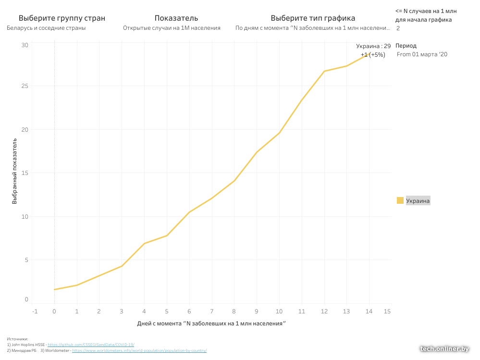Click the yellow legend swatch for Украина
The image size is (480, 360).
point(400,201)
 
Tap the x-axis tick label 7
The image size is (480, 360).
point(211,311)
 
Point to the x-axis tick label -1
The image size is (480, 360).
point(35,311)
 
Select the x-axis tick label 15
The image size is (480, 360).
point(387,311)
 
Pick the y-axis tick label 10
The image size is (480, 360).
point(25,216)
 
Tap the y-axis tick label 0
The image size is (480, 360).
point(26,299)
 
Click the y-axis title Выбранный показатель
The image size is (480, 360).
point(15,172)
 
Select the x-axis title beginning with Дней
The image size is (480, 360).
point(211,324)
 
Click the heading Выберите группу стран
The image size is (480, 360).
point(62,18)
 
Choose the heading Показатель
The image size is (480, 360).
point(176,18)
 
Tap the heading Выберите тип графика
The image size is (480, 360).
point(313,18)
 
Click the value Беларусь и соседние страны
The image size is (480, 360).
point(46,28)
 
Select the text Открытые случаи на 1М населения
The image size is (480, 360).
point(172,28)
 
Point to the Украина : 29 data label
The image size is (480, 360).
point(373,46)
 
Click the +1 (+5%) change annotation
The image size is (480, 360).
point(373,55)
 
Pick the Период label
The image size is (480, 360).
point(406,46)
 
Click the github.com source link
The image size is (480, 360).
point(91,345)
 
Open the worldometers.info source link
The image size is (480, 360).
point(139,350)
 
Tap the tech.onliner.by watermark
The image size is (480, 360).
point(444,349)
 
